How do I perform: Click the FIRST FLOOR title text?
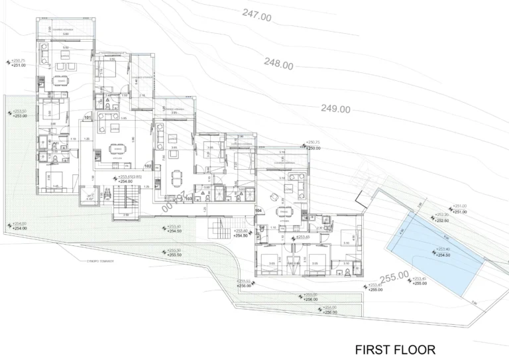395,349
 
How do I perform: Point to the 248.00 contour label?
278,64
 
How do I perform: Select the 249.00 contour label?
335,109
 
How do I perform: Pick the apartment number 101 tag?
87,119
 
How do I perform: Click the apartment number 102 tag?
148,165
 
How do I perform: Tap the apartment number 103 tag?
189,198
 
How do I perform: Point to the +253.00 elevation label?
20,116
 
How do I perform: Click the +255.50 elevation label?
174,255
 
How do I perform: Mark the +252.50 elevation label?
441,220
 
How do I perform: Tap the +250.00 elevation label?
313,148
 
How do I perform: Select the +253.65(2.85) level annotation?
131,177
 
